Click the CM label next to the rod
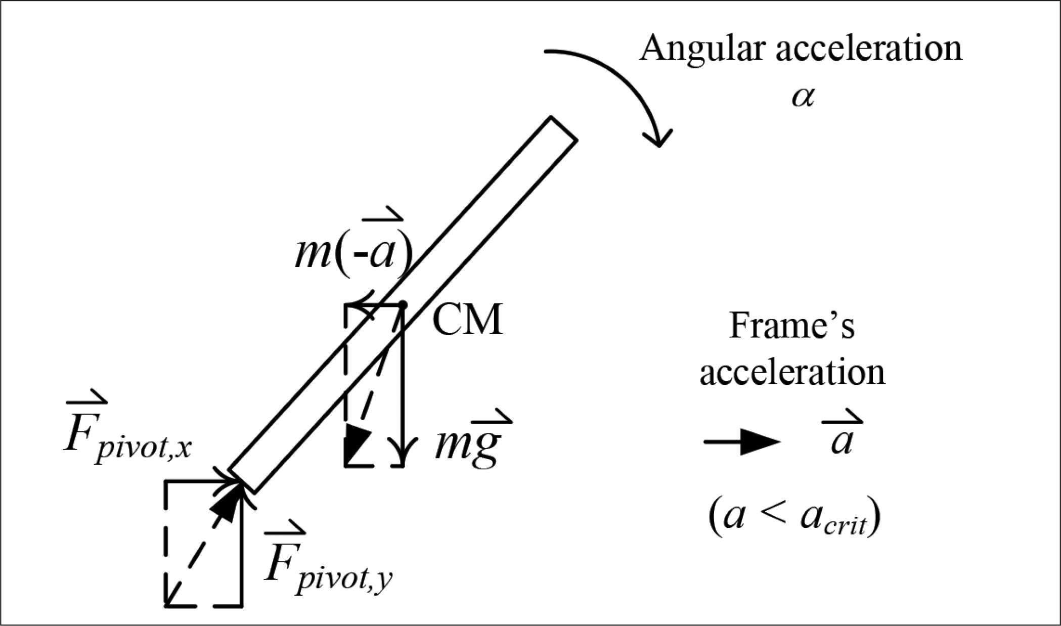468,320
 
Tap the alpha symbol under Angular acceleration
803,97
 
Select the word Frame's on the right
791,326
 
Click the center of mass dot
403,304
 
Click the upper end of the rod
563,128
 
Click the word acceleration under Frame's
792,373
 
